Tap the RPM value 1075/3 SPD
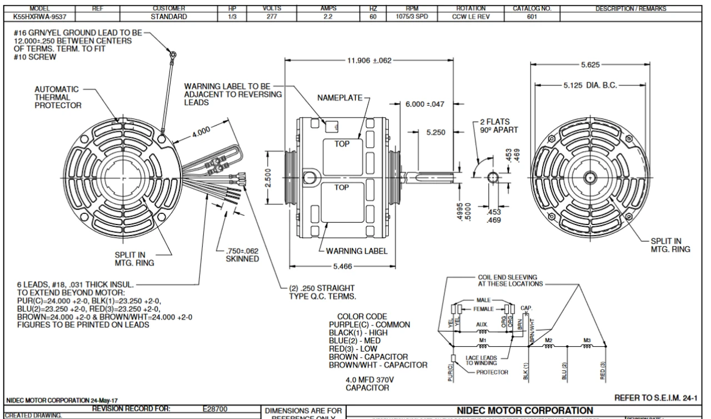pos(428,17)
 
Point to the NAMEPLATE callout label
pos(339,98)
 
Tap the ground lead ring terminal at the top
pos(173,54)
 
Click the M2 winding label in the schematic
pos(550,340)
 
